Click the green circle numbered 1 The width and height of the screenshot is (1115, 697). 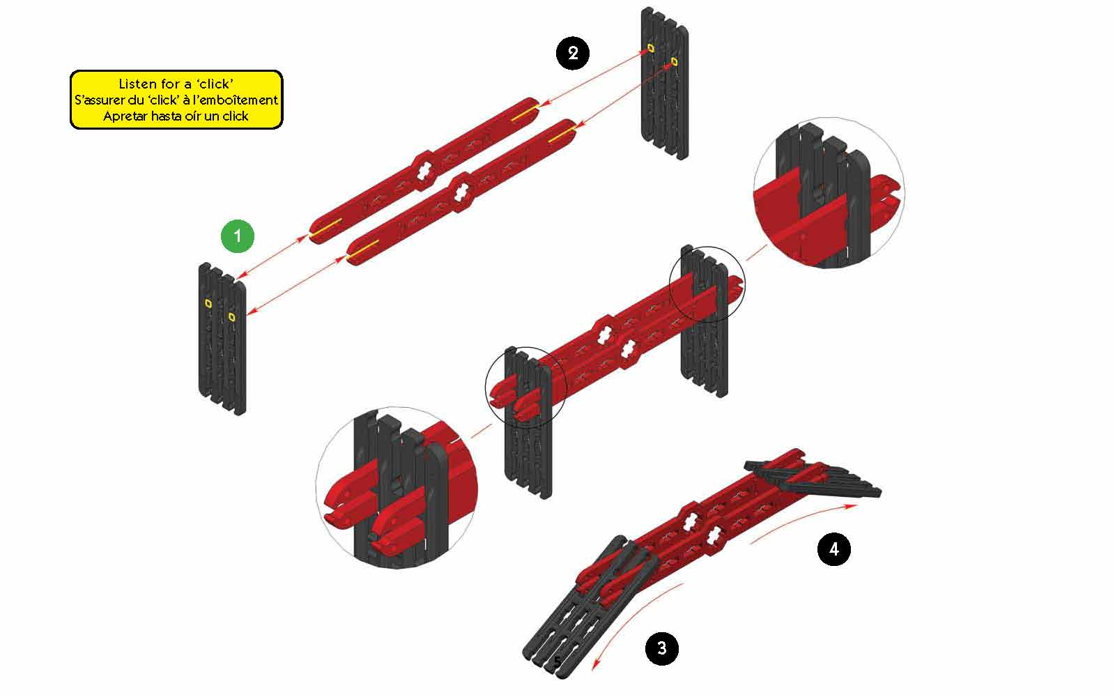(x=238, y=236)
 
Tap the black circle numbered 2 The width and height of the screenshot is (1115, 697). (x=572, y=53)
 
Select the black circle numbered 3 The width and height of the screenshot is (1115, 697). (x=661, y=648)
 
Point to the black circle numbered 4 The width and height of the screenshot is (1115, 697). (x=833, y=549)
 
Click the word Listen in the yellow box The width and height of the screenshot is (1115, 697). (x=135, y=84)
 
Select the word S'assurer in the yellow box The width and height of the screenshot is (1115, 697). (x=98, y=100)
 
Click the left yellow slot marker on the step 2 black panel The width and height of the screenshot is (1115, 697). (x=650, y=48)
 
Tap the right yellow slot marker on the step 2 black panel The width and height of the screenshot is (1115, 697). (x=674, y=61)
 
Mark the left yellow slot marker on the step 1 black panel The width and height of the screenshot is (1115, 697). (x=208, y=303)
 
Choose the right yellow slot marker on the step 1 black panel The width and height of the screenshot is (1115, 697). (x=231, y=316)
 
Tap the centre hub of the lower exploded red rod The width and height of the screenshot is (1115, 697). (x=461, y=192)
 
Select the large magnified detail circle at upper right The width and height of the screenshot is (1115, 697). (x=829, y=192)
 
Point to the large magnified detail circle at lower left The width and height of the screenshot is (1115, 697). (x=397, y=487)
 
